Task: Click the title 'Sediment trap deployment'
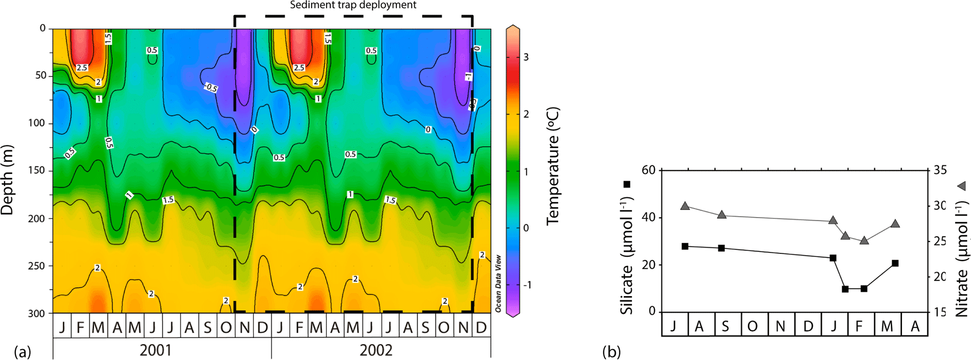click(x=353, y=5)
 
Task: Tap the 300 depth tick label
click(x=37, y=313)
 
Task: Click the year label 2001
click(x=155, y=351)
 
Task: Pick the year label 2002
click(x=376, y=351)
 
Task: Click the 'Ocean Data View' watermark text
click(x=498, y=283)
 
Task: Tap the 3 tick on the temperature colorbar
click(x=526, y=57)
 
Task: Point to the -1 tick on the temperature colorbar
click(x=527, y=285)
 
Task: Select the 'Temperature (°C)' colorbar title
click(x=553, y=166)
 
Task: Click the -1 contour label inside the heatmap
click(x=468, y=76)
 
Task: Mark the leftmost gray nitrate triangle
click(x=685, y=206)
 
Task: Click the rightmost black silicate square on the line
click(x=895, y=263)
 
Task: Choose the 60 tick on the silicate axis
click(x=649, y=170)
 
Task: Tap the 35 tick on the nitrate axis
click(x=940, y=170)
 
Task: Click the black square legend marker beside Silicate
click(x=627, y=185)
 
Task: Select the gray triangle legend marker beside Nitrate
click(x=962, y=186)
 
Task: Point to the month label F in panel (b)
click(x=859, y=326)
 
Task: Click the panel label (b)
click(x=612, y=352)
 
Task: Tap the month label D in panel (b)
click(x=808, y=326)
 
